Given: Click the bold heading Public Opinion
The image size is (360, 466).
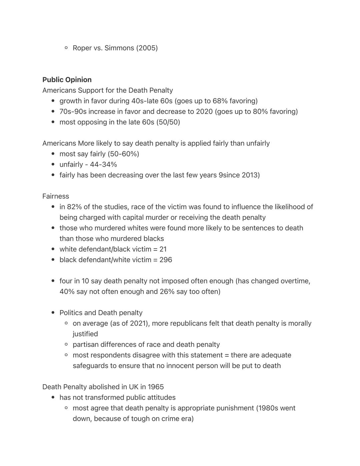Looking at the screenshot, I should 67,80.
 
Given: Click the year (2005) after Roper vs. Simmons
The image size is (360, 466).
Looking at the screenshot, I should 147,48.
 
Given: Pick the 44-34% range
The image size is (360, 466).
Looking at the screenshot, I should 103,164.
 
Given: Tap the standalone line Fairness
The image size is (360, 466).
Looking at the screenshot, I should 56,196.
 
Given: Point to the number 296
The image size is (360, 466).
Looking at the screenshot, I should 166,260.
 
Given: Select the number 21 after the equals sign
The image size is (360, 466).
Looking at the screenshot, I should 163,249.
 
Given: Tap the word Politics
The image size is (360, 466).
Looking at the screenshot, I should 71,313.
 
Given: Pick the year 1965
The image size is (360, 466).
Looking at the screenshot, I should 156,387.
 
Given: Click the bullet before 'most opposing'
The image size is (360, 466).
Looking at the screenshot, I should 53,122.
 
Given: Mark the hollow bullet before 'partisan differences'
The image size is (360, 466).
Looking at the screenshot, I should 66,345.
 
